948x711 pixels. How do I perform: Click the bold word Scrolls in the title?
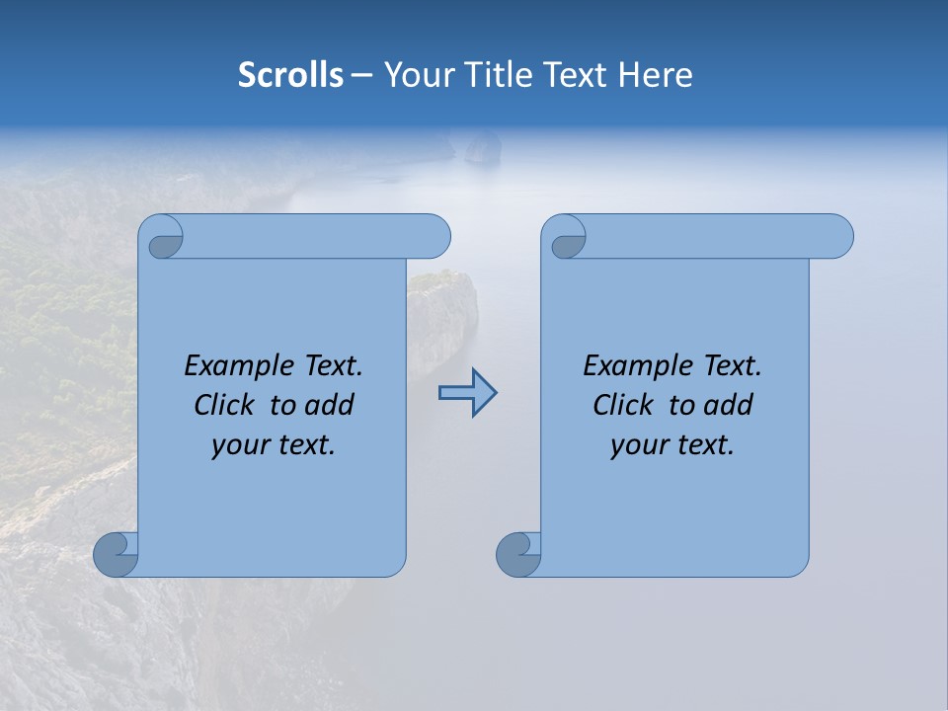point(290,74)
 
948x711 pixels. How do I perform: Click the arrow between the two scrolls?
point(467,393)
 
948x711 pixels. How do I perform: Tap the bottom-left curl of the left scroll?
point(116,554)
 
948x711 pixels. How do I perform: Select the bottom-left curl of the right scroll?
point(518,554)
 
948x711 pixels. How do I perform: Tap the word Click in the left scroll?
point(224,405)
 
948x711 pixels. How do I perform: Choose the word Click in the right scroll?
point(623,405)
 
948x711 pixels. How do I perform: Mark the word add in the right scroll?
point(728,405)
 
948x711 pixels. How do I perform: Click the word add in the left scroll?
point(329,405)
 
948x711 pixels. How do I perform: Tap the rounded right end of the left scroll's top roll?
point(434,237)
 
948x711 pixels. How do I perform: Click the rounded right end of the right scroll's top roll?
point(837,237)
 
